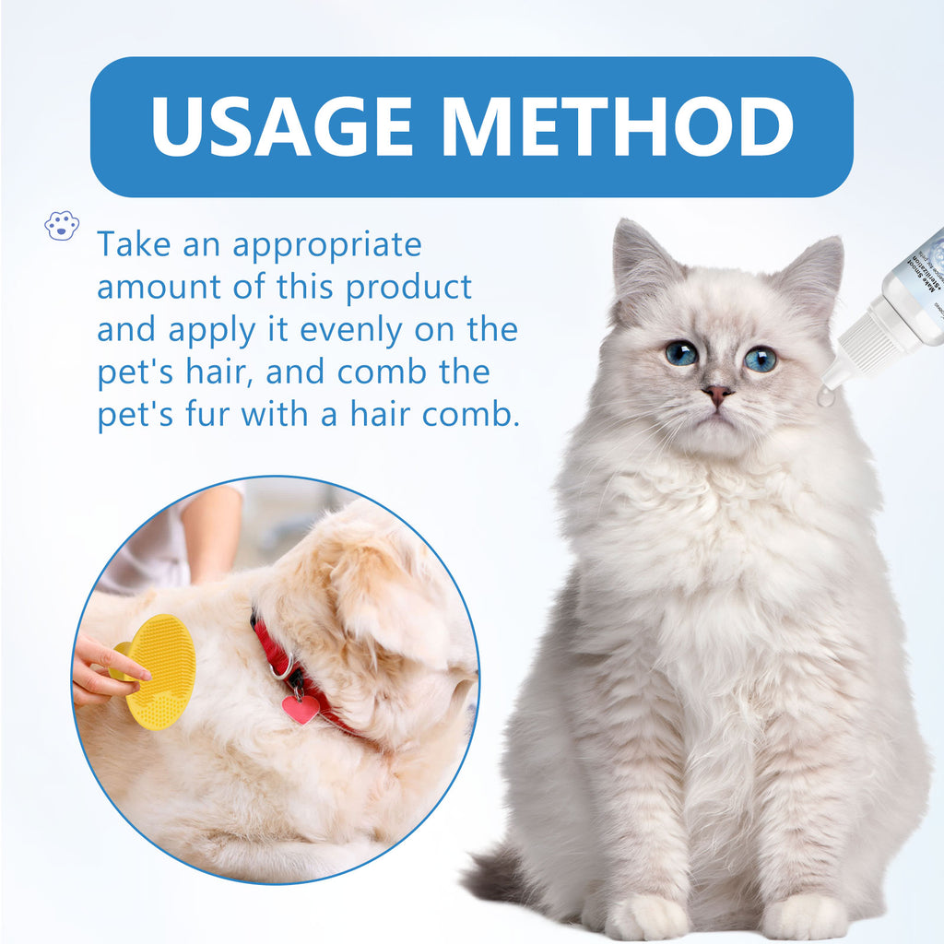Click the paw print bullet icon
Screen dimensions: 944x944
[x=62, y=225]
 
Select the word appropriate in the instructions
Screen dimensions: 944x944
[x=326, y=245]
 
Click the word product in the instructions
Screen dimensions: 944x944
[x=408, y=287]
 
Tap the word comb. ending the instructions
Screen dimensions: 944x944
[x=471, y=414]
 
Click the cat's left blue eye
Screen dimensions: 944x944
[x=680, y=353]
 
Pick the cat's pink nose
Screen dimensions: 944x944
[x=717, y=394]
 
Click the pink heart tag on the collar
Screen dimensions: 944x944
[x=301, y=708]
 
